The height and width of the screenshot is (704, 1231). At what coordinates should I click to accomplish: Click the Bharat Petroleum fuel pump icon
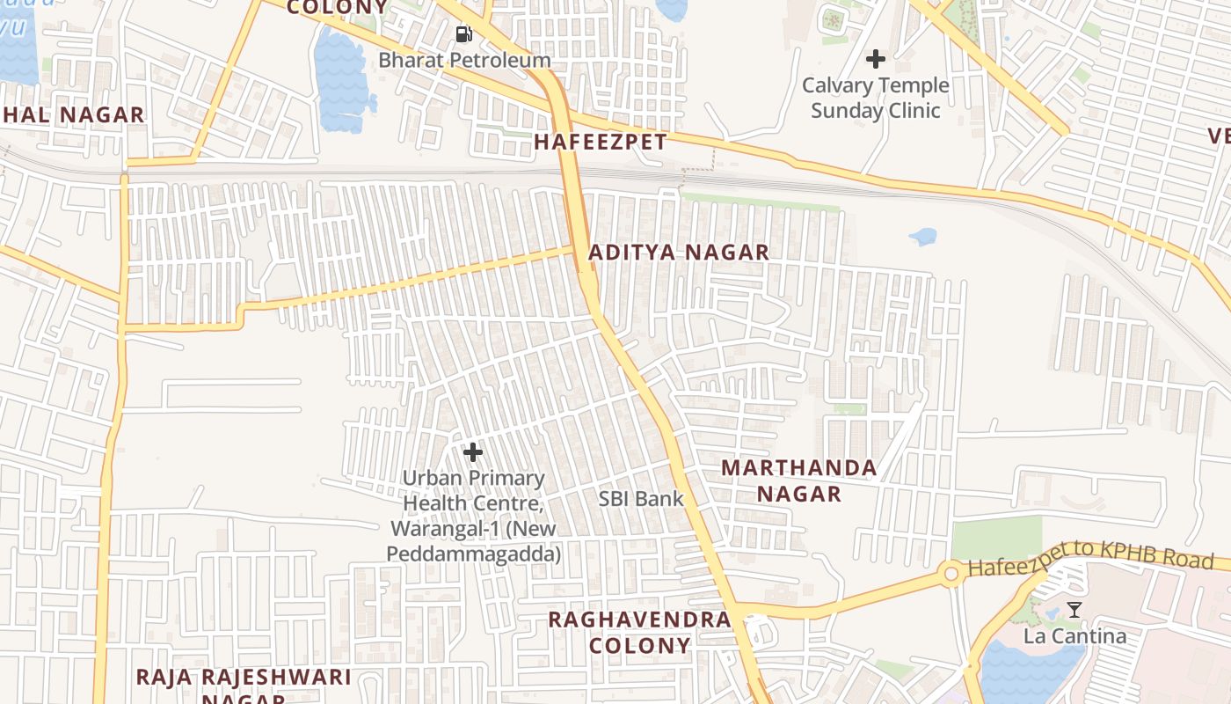(x=463, y=34)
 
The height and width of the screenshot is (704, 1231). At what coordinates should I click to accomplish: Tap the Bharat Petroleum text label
(x=464, y=61)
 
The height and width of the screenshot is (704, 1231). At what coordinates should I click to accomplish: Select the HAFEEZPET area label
(x=601, y=141)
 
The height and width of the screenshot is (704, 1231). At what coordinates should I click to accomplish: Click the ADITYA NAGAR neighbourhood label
(x=678, y=253)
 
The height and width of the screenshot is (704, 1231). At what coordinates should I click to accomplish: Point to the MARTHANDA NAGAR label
(x=799, y=480)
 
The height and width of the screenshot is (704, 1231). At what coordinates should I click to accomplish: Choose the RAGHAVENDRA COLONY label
(x=640, y=632)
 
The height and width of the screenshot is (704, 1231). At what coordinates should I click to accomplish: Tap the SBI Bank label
(x=641, y=498)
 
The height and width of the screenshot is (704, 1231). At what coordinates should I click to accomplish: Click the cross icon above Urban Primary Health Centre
(x=473, y=452)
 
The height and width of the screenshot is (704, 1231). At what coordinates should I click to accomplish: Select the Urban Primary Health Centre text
(x=474, y=516)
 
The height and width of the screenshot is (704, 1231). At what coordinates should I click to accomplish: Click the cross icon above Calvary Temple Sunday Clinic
(x=875, y=59)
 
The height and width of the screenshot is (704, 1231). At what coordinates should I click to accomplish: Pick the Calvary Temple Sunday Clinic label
(x=876, y=98)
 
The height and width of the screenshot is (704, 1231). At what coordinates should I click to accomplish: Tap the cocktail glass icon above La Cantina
(x=1074, y=609)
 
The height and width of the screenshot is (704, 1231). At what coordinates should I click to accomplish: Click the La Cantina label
(x=1074, y=635)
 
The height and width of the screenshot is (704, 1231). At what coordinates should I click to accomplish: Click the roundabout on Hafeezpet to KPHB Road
(x=951, y=575)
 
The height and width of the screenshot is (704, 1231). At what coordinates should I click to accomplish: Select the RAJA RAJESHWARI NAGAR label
(x=244, y=682)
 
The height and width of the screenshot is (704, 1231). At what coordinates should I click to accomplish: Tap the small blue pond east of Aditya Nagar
(x=922, y=237)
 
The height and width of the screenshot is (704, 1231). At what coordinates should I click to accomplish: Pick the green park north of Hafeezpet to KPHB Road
(x=995, y=538)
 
